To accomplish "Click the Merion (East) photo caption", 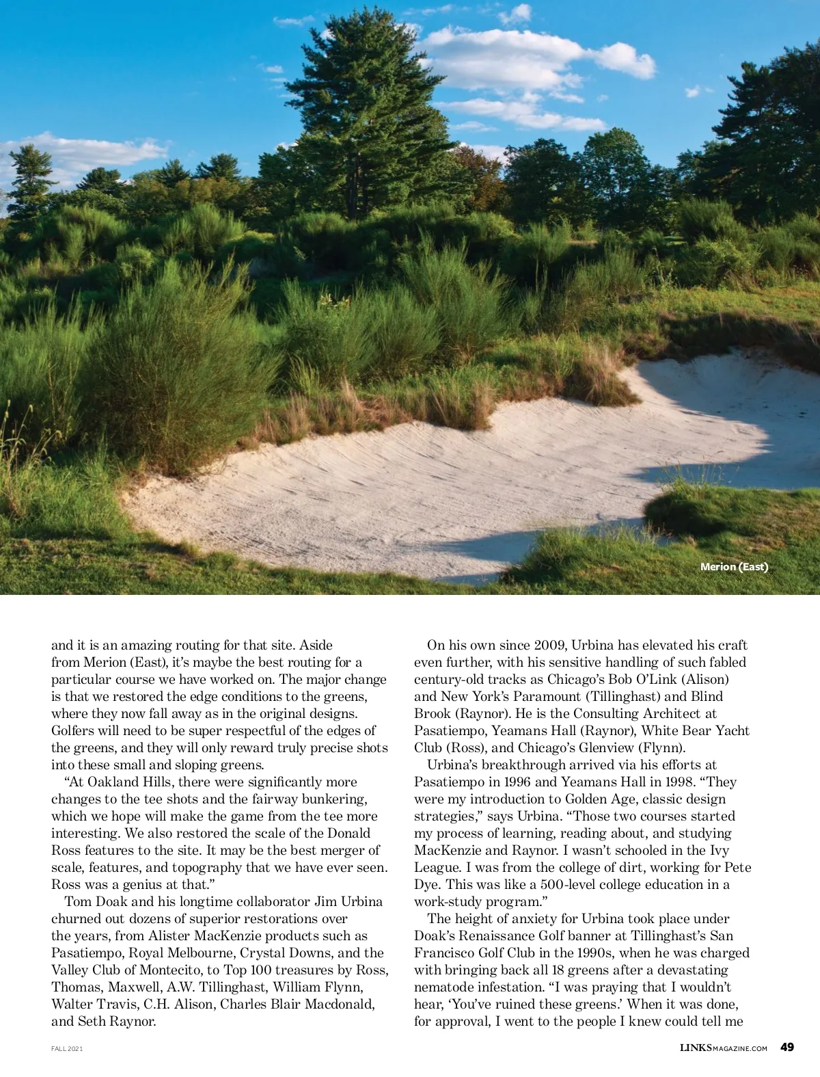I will click(734, 566).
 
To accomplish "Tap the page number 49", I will click(787, 1047).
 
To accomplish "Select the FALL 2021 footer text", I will click(67, 1048).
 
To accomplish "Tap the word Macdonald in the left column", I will click(340, 1004).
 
